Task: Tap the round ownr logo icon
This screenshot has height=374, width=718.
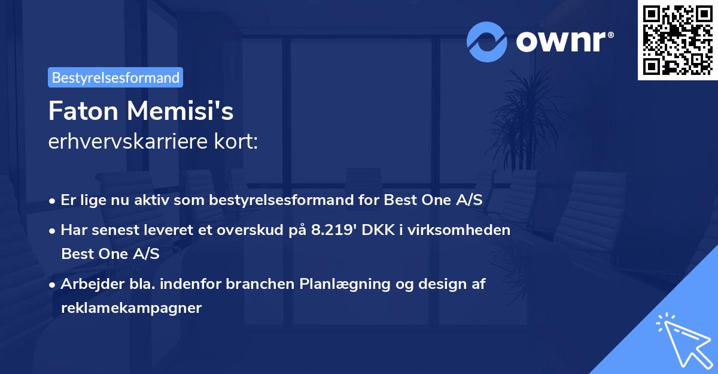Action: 487,42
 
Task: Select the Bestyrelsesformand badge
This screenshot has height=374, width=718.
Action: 115,77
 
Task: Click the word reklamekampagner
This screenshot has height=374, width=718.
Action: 132,308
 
